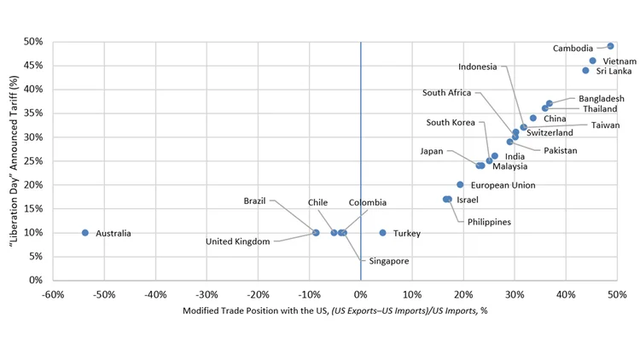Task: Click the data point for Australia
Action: point(85,233)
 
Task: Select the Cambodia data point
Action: point(610,46)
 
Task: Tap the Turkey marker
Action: point(382,233)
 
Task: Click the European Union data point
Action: point(460,184)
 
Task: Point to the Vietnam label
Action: point(620,61)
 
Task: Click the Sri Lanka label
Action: point(614,71)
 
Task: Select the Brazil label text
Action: point(254,201)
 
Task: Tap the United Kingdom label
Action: point(238,241)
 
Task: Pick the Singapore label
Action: point(388,261)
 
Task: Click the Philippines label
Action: point(489,222)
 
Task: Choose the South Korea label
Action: point(451,123)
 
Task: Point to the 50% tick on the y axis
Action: point(33,42)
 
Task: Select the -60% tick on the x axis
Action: point(52,294)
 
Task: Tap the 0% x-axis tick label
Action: point(361,294)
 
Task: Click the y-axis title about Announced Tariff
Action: point(14,161)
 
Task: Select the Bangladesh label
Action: point(601,99)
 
